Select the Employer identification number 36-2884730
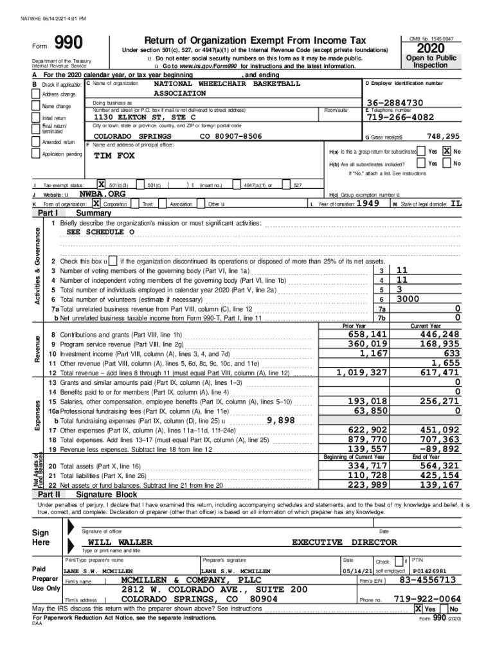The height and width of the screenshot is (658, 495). click(395, 103)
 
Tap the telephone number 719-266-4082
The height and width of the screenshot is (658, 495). click(399, 118)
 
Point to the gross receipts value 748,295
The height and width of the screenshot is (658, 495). click(444, 136)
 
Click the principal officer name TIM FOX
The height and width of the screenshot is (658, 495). click(114, 156)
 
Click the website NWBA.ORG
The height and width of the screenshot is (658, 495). click(102, 193)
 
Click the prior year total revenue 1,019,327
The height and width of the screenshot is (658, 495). click(362, 372)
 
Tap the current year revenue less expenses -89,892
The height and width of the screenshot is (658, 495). click(436, 449)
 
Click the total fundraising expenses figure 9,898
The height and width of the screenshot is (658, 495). click(280, 420)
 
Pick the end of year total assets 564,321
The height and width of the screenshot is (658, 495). click(437, 466)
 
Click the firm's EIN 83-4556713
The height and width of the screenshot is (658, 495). click(428, 580)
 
